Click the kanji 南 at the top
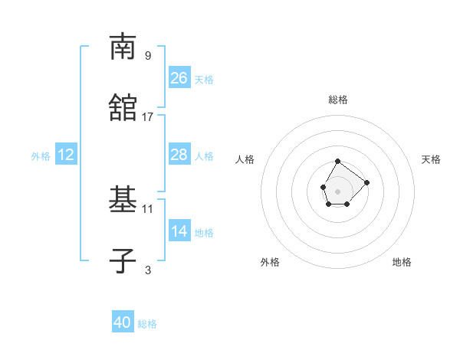coord(123,47)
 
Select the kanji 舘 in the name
coord(123,108)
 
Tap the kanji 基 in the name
coord(123,200)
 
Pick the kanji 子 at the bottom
coord(123,261)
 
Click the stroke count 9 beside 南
coord(148,56)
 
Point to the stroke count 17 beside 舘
coord(148,117)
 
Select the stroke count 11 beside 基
coord(148,208)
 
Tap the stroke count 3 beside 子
coord(148,270)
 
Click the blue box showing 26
coord(179,78)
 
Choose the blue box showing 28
coord(179,155)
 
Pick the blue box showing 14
coord(179,231)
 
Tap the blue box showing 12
coord(66,155)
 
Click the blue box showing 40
coord(123,322)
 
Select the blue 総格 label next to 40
coord(147,324)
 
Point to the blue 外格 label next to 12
coord(41,156)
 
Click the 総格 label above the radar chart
coord(338,100)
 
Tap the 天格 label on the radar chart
coord(431,159)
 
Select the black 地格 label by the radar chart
coord(402,262)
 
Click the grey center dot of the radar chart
coord(337,190)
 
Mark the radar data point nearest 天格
coord(366,182)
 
